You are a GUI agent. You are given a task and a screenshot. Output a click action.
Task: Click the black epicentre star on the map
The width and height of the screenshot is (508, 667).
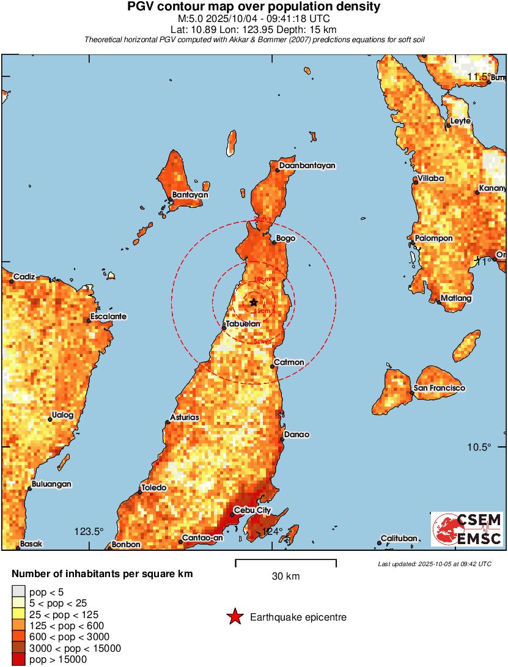click(254, 302)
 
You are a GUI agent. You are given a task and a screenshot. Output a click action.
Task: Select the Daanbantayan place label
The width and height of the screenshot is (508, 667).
click(307, 166)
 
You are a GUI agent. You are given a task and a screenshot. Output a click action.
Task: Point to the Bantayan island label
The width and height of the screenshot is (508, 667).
click(190, 195)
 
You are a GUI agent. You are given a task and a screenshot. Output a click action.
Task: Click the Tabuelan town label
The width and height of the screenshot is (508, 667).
click(243, 324)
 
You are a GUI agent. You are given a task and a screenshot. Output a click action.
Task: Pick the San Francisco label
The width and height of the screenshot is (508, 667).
click(439, 388)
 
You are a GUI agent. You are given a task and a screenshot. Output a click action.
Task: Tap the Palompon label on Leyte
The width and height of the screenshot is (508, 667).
click(433, 238)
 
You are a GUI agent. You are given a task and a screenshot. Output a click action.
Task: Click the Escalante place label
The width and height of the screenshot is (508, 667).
click(108, 317)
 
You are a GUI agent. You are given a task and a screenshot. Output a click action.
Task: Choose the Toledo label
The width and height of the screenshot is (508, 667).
click(153, 488)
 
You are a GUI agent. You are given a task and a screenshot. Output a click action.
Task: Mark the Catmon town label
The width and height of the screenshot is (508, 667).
click(289, 363)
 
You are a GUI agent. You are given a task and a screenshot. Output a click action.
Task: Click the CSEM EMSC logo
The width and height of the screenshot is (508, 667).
click(467, 529)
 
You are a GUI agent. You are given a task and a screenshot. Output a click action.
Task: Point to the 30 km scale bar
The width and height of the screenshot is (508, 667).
click(285, 560)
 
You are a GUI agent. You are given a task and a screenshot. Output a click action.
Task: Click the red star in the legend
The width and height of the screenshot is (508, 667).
click(234, 617)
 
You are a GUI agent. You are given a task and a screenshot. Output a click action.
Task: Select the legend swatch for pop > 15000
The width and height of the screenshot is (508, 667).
click(19, 659)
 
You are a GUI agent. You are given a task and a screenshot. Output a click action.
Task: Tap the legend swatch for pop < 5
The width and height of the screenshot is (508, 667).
click(19, 591)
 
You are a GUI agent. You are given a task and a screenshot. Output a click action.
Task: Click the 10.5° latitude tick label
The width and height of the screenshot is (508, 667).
click(479, 447)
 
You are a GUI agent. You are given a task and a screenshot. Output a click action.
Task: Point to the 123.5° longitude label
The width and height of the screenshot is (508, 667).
click(89, 531)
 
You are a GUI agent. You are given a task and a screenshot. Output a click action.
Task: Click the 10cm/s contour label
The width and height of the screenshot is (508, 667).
click(264, 279)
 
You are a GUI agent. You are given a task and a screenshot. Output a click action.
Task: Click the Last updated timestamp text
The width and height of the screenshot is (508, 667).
click(434, 564)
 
